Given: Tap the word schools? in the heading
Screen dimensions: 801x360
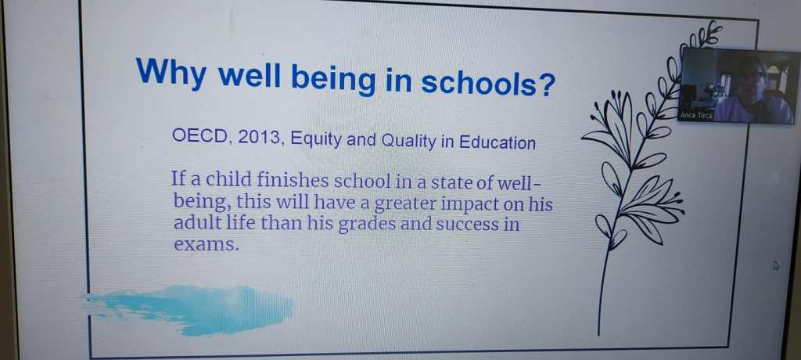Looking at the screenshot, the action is (487, 82).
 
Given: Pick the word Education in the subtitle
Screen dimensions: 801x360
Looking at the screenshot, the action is (497, 142).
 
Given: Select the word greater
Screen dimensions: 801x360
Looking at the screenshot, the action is (406, 204).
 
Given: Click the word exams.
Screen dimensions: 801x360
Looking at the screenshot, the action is (206, 244).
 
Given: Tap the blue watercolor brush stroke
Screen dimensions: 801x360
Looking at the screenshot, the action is (189, 309).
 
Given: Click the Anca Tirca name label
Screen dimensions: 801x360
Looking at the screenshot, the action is (695, 116).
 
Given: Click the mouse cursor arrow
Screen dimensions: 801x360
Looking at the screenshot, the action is (777, 265).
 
